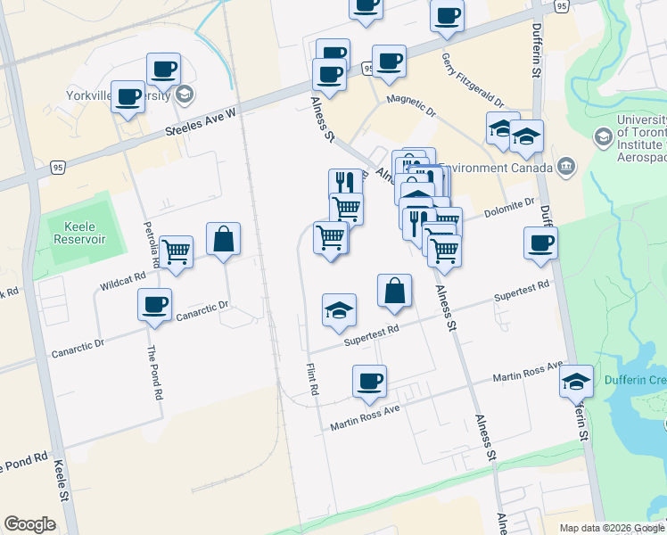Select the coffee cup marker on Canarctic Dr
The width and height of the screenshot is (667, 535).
154,305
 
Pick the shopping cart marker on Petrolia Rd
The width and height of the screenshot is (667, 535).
176,252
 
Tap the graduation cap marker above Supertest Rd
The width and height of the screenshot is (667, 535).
339,310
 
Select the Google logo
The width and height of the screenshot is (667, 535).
29,524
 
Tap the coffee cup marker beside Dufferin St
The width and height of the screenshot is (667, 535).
540,243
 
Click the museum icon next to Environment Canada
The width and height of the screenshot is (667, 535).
566,166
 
